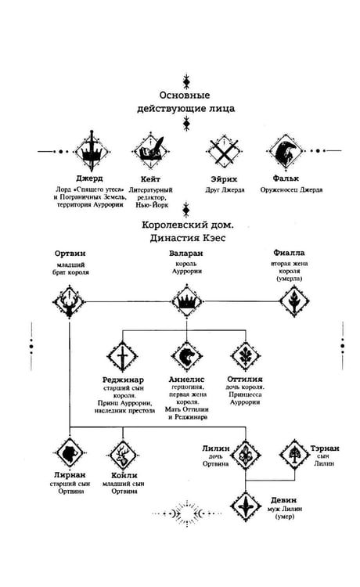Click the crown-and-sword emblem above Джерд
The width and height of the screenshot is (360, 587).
pyautogui.click(x=92, y=151)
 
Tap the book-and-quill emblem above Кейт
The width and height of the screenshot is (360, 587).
pyautogui.click(x=151, y=151)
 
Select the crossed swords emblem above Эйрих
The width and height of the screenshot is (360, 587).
pyautogui.click(x=223, y=151)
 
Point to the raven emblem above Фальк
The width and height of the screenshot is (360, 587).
pyautogui.click(x=285, y=151)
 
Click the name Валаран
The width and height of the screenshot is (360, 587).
pyautogui.click(x=186, y=254)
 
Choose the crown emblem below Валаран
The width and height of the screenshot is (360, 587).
pyautogui.click(x=187, y=301)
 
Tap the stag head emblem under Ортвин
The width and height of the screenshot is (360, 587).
pyautogui.click(x=69, y=301)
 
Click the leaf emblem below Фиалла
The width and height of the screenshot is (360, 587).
pyautogui.click(x=294, y=301)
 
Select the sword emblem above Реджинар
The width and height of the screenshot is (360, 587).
pyautogui.click(x=122, y=356)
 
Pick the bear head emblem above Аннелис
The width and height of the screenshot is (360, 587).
pyautogui.click(x=187, y=356)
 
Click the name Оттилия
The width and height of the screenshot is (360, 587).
pyautogui.click(x=245, y=379)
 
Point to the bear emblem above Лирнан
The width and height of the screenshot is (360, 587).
pyautogui.click(x=70, y=454)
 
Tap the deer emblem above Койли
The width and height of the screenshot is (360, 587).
pyautogui.click(x=123, y=455)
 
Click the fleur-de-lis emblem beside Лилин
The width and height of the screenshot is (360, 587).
pyautogui.click(x=246, y=455)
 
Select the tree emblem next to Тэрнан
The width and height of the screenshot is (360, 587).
pyautogui.click(x=294, y=454)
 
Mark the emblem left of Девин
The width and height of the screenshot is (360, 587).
pyautogui.click(x=246, y=506)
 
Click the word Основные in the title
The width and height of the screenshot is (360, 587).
pyautogui.click(x=185, y=95)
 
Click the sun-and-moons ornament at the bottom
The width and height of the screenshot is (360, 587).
pyautogui.click(x=187, y=513)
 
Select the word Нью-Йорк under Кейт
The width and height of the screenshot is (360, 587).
pyautogui.click(x=152, y=205)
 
